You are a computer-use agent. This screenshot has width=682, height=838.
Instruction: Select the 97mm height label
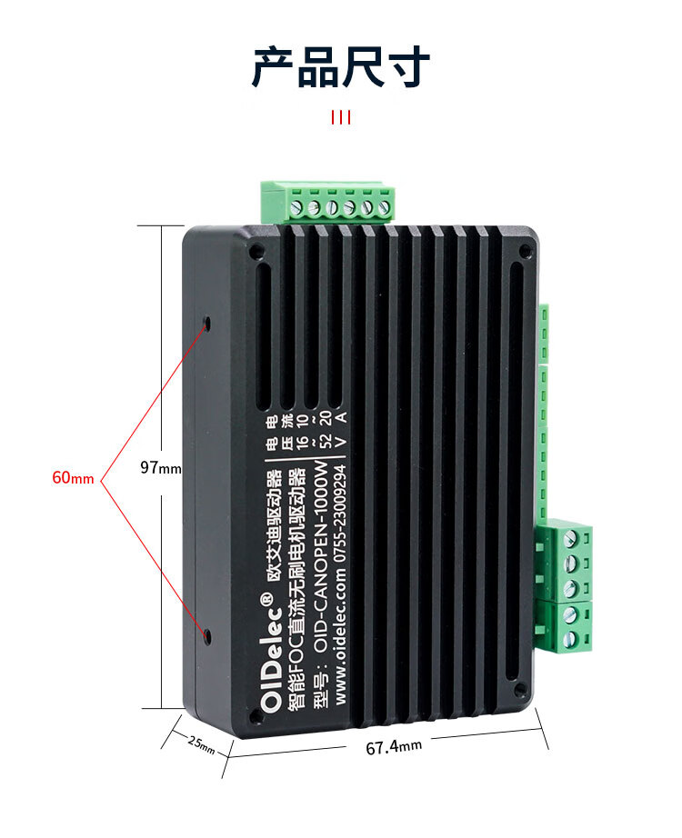[161, 468]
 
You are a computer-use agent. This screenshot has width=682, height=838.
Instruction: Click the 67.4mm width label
[394, 747]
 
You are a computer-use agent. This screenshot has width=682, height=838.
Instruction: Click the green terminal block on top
[328, 202]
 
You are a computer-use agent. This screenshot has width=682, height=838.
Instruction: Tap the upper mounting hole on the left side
[207, 323]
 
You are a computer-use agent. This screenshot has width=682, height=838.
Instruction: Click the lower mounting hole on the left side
[207, 636]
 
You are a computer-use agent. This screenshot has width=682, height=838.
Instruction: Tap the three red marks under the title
[341, 117]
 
